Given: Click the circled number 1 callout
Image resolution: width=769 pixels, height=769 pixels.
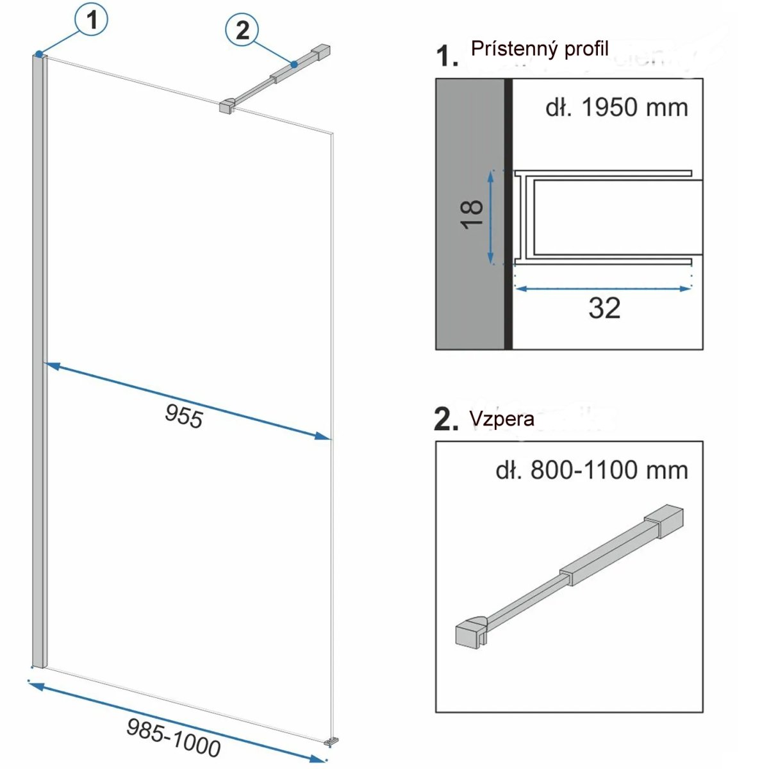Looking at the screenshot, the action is pyautogui.click(x=92, y=20).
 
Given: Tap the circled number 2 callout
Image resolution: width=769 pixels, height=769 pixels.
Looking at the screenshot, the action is pyautogui.click(x=242, y=30).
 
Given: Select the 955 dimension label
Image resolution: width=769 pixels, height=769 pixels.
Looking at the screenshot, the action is pyautogui.click(x=184, y=416).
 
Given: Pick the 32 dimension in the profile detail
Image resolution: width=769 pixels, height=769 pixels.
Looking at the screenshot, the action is pyautogui.click(x=604, y=308).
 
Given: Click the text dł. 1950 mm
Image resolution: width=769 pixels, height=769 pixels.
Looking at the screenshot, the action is pyautogui.click(x=617, y=108).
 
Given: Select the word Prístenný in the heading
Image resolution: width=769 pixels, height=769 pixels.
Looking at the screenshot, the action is pyautogui.click(x=514, y=49).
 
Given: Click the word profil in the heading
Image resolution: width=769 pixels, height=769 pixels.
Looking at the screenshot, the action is pyautogui.click(x=586, y=49).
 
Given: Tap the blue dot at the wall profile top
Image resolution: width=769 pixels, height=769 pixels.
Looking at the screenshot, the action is pyautogui.click(x=38, y=53).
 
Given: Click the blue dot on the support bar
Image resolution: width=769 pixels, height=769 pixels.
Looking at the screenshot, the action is pyautogui.click(x=294, y=64).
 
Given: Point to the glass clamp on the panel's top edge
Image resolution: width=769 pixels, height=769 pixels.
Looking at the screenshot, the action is pyautogui.click(x=227, y=106).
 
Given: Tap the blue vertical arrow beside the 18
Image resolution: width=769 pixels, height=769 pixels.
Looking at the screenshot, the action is pyautogui.click(x=491, y=217).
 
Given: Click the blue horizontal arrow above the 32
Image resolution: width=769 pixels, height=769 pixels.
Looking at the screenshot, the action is pyautogui.click(x=603, y=288).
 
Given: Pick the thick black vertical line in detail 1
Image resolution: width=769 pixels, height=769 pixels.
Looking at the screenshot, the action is pyautogui.click(x=508, y=214).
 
